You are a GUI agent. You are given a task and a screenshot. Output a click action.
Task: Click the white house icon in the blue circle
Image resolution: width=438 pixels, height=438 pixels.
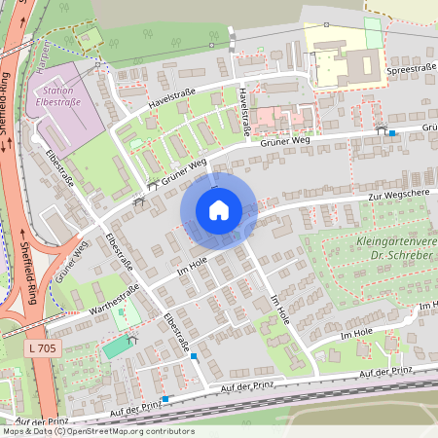tap(218, 210)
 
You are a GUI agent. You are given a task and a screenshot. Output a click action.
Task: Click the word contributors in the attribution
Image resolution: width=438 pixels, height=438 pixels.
tap(170, 431)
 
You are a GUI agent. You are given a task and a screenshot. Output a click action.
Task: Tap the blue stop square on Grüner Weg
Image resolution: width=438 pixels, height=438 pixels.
tap(392, 132)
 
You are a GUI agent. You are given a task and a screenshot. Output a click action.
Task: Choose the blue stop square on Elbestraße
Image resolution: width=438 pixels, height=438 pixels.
tap(195, 357)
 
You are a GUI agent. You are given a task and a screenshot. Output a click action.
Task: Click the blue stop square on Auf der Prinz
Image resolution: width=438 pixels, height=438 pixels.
tap(165, 398)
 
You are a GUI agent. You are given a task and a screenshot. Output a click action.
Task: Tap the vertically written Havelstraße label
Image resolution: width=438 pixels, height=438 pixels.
tap(244, 110)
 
